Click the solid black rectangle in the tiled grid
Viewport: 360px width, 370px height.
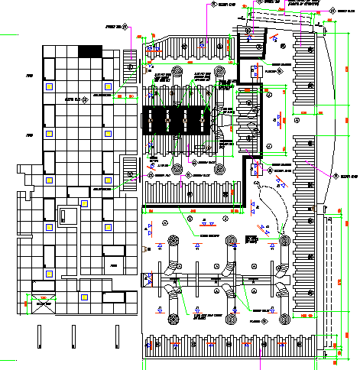coord(90,50)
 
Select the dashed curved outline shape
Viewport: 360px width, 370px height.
coord(268,206)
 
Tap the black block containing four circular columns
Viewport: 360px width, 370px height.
coord(176,119)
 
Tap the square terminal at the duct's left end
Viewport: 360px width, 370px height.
coord(146,279)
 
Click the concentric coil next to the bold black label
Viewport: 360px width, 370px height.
coord(284,241)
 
